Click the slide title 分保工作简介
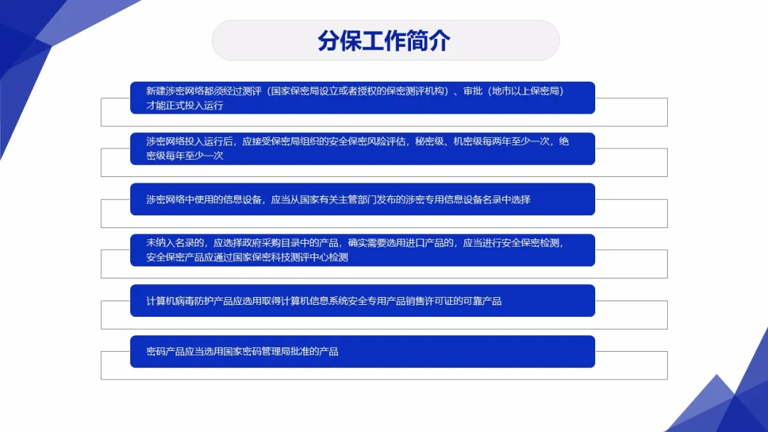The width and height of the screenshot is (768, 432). click(385, 40)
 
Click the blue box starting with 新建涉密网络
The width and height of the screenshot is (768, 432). click(362, 98)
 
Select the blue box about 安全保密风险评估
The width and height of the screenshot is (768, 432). click(362, 148)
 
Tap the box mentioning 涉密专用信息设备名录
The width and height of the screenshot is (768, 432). click(362, 200)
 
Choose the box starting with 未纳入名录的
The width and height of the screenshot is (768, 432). click(362, 250)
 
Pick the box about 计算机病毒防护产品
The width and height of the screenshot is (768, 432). click(362, 301)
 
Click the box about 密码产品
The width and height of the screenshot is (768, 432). click(362, 352)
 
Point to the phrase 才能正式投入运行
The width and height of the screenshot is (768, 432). click(185, 106)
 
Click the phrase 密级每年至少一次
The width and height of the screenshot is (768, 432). click(185, 156)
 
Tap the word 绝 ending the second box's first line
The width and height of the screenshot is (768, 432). click(563, 141)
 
